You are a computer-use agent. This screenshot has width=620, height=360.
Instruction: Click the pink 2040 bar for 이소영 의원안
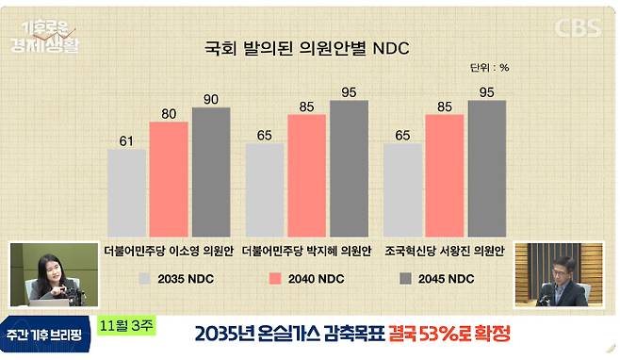click(x=169, y=178)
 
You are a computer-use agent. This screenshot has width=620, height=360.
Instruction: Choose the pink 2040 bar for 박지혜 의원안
click(x=307, y=174)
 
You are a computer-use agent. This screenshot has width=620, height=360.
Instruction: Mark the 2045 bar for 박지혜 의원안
click(x=349, y=167)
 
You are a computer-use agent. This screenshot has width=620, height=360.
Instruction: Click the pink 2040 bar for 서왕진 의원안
click(x=446, y=174)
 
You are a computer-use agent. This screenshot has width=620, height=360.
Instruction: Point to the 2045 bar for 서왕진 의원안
click(x=487, y=167)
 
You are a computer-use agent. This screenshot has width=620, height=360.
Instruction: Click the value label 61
click(x=126, y=141)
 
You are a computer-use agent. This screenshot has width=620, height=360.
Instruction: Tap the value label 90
click(x=211, y=99)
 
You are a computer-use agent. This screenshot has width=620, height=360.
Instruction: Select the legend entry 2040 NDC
click(x=307, y=279)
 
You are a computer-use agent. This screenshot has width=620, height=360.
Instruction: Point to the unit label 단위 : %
click(x=489, y=67)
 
